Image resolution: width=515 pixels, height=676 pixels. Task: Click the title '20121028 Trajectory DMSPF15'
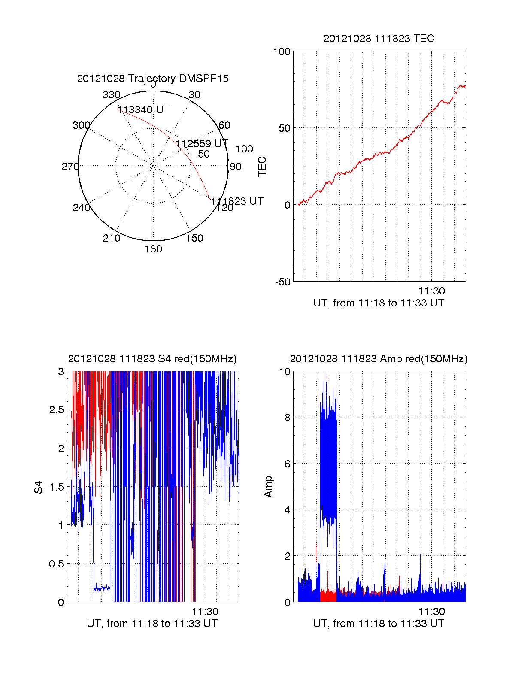[153, 79]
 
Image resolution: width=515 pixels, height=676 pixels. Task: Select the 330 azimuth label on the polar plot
[112, 95]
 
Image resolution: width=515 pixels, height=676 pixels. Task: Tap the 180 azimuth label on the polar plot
[153, 249]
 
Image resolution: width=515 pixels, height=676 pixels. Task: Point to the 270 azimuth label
[70, 167]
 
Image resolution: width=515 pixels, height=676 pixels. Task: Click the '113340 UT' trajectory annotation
[144, 110]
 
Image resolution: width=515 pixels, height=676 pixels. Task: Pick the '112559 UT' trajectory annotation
[202, 144]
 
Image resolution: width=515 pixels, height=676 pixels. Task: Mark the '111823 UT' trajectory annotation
[237, 201]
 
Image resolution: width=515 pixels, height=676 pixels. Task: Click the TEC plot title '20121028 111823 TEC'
[379, 39]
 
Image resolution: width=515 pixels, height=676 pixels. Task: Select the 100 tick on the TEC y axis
[282, 52]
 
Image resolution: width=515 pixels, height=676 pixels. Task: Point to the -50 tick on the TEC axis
[283, 282]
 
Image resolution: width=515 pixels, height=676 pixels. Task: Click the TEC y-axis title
[262, 167]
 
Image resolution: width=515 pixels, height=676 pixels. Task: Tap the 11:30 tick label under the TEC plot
[432, 291]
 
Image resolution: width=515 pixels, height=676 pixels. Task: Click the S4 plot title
[152, 359]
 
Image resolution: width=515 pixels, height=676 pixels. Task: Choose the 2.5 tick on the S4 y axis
[57, 410]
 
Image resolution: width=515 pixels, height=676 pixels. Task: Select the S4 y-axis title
[39, 488]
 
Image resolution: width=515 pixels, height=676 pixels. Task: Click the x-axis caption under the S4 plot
[152, 624]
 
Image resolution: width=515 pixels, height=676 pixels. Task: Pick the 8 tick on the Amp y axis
[287, 418]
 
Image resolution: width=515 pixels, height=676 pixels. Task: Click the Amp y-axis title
[268, 487]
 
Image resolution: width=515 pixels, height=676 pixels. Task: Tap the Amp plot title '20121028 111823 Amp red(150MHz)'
[379, 359]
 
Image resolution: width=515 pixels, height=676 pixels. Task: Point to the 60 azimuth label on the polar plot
[224, 125]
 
